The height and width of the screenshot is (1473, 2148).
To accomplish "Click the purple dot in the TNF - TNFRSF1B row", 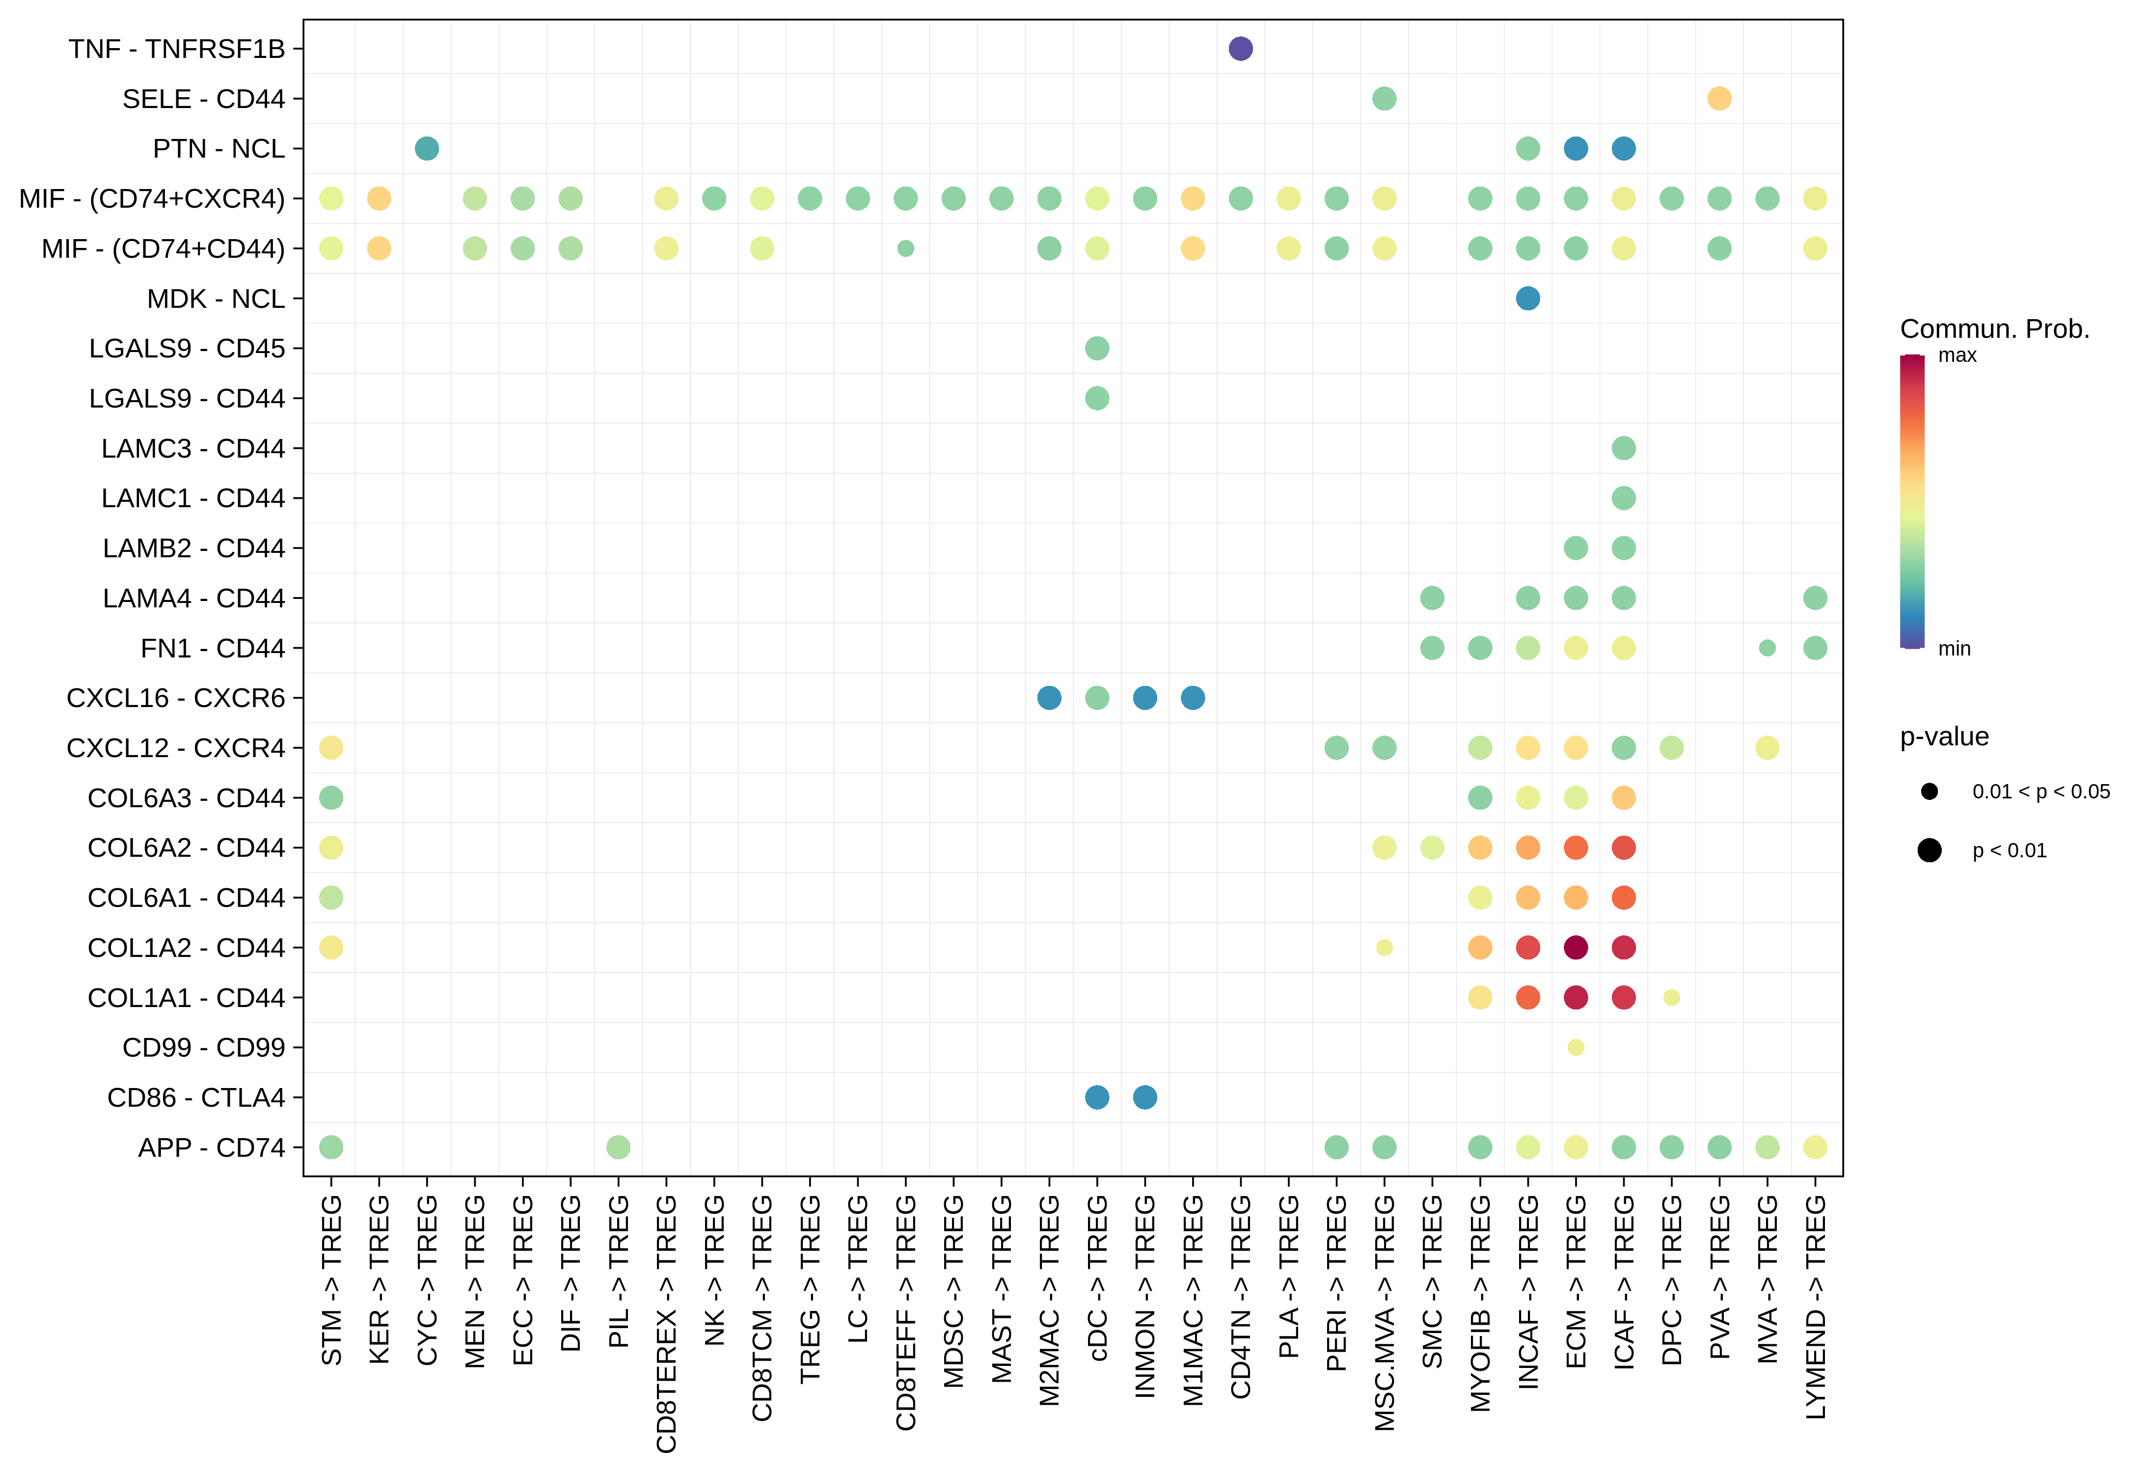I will click(x=1240, y=49).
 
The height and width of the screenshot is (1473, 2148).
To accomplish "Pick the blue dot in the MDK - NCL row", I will click(x=1528, y=299).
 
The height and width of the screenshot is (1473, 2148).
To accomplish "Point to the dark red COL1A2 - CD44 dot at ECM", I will click(x=1576, y=947).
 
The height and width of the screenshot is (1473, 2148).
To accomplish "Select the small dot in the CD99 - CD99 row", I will click(x=1576, y=1047).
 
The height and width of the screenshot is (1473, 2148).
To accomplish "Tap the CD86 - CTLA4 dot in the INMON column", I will click(x=1145, y=1097).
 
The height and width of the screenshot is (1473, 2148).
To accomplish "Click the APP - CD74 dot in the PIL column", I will click(x=618, y=1147).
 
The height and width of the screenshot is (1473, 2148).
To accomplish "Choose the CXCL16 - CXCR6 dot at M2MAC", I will click(x=1049, y=698).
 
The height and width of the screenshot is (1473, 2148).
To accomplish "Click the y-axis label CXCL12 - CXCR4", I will click(x=176, y=748).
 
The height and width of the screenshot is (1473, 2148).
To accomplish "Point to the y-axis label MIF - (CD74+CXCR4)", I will click(x=153, y=199).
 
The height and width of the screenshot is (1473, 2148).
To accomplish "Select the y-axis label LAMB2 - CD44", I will click(x=194, y=548).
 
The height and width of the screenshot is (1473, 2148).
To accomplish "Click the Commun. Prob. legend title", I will click(x=1994, y=329).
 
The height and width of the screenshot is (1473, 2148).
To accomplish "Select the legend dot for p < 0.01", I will click(x=1929, y=850).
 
